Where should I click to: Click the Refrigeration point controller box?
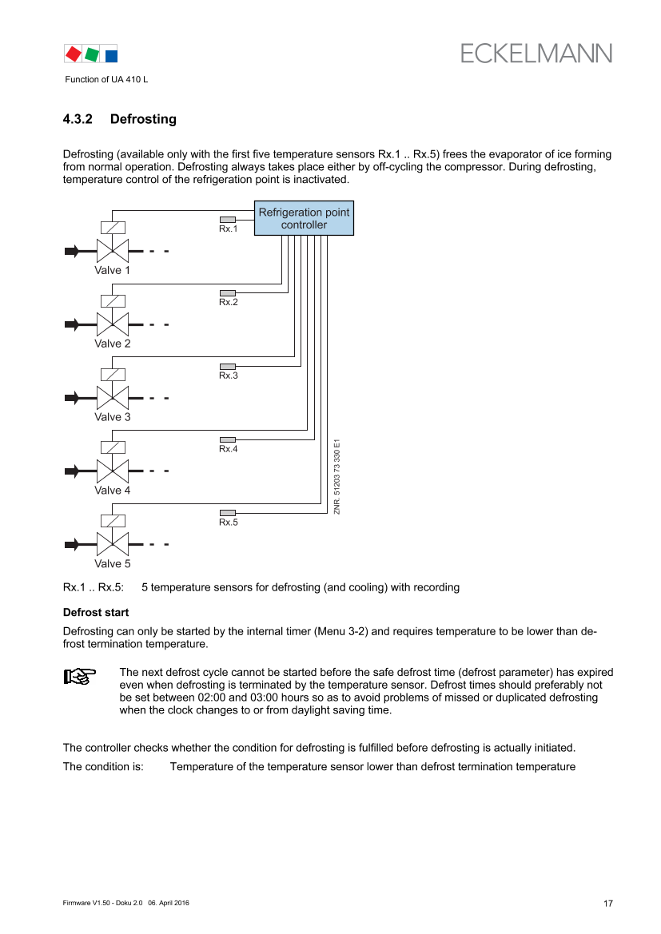(x=304, y=218)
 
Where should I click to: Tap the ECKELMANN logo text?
(x=536, y=53)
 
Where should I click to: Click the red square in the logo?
(x=73, y=54)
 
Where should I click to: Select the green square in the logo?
(x=93, y=54)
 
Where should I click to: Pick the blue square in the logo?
(x=111, y=55)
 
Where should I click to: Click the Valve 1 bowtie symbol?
(x=113, y=251)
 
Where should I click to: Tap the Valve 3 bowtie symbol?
(x=113, y=398)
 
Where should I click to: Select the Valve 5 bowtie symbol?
(x=113, y=545)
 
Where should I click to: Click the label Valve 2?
(x=113, y=344)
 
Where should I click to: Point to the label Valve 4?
(x=113, y=491)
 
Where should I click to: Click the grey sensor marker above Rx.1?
(x=228, y=220)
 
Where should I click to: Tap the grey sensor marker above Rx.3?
(x=228, y=367)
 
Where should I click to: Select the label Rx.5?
(x=229, y=523)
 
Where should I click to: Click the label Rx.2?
(x=229, y=302)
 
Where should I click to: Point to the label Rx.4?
(x=229, y=449)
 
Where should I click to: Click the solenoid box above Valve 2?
(x=113, y=301)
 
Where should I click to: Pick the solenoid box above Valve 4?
(x=113, y=448)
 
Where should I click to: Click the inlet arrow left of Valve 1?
(x=73, y=251)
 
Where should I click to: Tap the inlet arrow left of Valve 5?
(x=73, y=545)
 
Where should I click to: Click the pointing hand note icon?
(x=80, y=677)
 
